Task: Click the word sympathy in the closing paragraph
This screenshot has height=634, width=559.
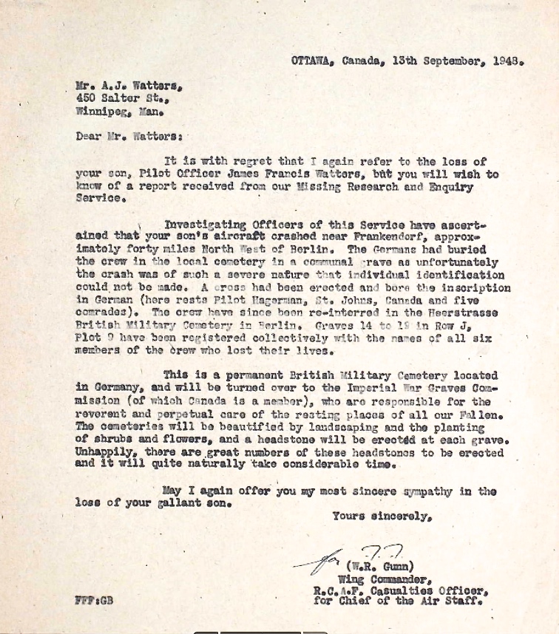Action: tap(429, 491)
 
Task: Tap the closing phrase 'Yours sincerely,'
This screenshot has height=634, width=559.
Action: tap(382, 517)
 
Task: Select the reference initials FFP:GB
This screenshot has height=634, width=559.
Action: tap(94, 601)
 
